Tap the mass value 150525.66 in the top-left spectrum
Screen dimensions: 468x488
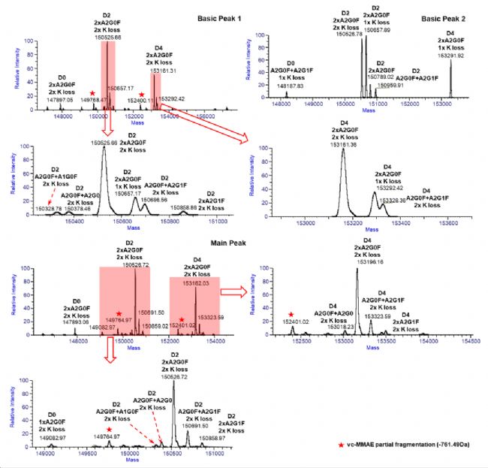point(107,38)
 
